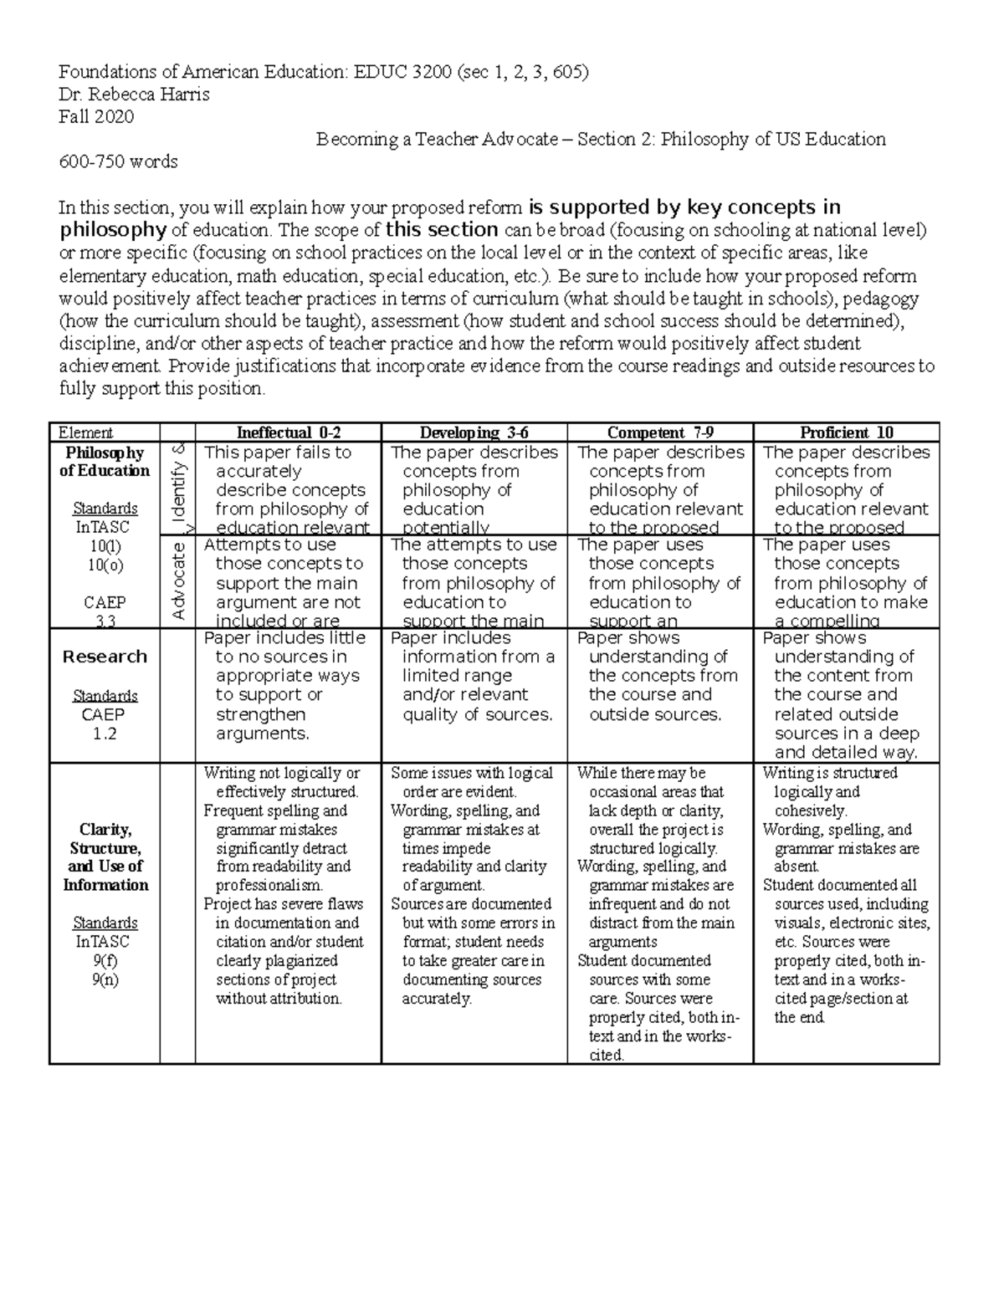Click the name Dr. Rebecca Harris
[134, 95]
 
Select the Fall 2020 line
[95, 117]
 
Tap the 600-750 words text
[118, 162]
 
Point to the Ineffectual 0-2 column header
[289, 432]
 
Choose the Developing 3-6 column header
[474, 432]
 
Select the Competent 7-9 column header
[660, 432]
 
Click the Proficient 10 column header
[847, 432]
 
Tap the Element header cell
[85, 432]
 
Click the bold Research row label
[105, 657]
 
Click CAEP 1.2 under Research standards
[105, 724]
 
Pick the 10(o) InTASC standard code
[105, 565]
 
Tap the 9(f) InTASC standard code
[105, 960]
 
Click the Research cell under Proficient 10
[846, 694]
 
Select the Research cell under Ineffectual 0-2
[288, 686]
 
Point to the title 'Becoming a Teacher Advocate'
[437, 140]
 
